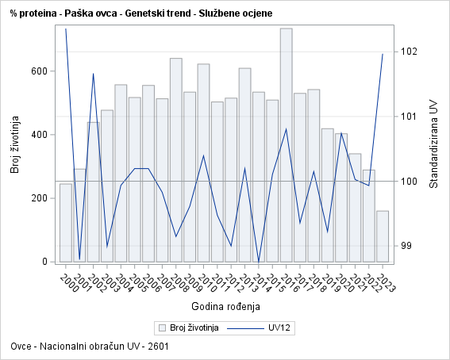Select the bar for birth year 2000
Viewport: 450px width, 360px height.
coord(66,223)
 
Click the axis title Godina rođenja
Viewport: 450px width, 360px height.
coord(225,306)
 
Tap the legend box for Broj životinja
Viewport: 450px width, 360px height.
coord(162,327)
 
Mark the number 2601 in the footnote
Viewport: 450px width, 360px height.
coord(156,347)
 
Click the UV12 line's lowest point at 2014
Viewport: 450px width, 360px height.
coord(259,262)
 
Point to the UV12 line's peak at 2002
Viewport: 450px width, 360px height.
coord(94,74)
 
